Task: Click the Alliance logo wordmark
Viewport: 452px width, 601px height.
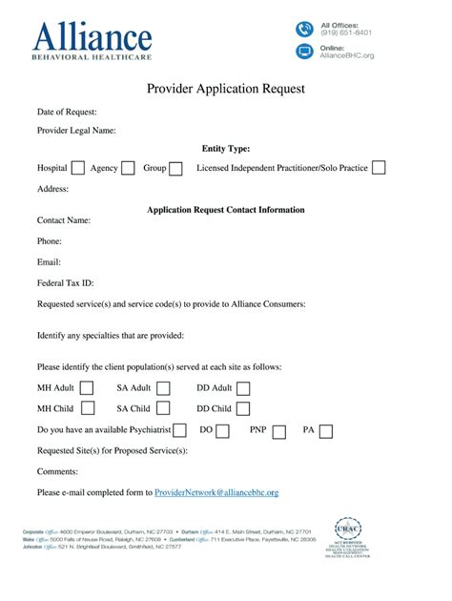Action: tap(92, 40)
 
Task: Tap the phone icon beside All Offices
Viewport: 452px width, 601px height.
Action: tap(304, 29)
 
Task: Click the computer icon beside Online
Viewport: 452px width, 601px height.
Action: tap(304, 52)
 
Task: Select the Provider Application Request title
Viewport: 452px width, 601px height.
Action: tap(225, 89)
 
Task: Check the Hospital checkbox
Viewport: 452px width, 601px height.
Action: tap(78, 168)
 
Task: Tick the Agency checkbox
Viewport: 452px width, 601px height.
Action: tap(128, 168)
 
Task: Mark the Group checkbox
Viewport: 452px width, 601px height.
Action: tap(175, 168)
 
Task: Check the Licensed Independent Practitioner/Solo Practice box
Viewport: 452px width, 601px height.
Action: tap(379, 168)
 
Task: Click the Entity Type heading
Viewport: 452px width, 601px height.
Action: tap(225, 149)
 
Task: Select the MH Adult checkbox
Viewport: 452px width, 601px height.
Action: tap(87, 388)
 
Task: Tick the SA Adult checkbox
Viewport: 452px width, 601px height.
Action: tap(163, 388)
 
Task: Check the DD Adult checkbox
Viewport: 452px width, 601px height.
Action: tap(243, 388)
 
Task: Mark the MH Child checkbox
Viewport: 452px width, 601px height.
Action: tap(87, 409)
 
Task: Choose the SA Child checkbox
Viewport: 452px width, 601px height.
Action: tap(163, 409)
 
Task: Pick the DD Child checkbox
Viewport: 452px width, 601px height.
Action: tap(243, 409)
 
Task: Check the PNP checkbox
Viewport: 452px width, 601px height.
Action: tap(279, 431)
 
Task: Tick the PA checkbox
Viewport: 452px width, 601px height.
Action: tap(326, 431)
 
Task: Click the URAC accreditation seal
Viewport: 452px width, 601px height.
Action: tap(348, 535)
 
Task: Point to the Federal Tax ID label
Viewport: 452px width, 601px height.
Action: tap(65, 283)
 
